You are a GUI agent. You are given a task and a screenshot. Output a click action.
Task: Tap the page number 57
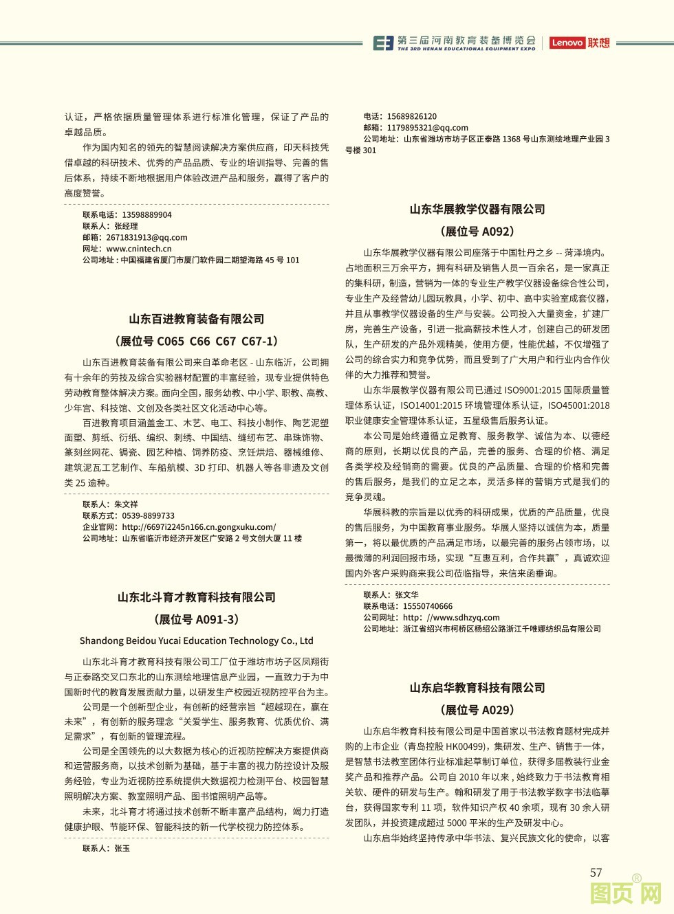point(596,873)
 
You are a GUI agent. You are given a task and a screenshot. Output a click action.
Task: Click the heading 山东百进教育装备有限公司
point(197,319)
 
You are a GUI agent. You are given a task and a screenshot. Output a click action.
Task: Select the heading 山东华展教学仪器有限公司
point(477,209)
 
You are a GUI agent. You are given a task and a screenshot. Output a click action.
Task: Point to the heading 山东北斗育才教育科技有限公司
point(197,597)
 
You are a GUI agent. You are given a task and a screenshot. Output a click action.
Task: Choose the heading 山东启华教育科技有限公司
point(477,688)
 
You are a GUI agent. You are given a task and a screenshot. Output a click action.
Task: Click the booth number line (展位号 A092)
point(477,232)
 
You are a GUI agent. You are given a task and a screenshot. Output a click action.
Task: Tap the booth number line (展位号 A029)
point(477,710)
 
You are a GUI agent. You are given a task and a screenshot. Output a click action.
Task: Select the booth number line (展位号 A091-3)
point(197,619)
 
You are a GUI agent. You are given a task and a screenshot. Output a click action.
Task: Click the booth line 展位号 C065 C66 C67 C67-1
point(197,341)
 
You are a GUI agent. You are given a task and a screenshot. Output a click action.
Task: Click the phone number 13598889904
point(146,215)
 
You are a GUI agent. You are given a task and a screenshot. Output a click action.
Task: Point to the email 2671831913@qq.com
point(146,238)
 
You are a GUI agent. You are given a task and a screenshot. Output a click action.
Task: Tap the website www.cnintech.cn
point(139,249)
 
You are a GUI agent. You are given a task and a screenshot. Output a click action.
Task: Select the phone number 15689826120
point(411,117)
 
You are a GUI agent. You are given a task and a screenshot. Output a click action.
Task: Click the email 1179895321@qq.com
point(427,128)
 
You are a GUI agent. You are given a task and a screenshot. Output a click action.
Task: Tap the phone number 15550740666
point(428,607)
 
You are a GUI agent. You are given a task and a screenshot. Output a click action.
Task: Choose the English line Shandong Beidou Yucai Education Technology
point(197,640)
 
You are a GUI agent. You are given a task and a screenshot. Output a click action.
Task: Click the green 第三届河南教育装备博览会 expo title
point(466,41)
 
